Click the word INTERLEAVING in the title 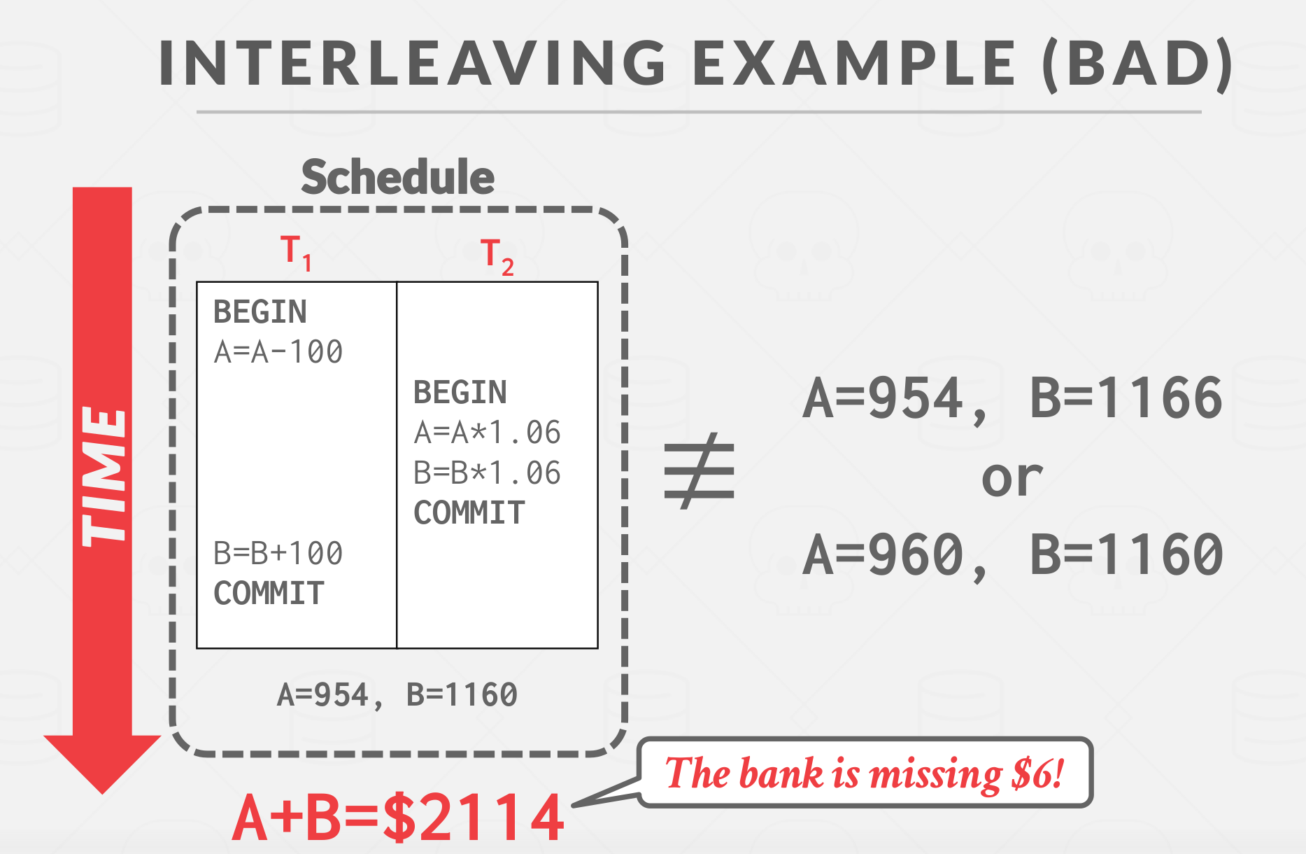(x=413, y=63)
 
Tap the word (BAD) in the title (x=1137, y=64)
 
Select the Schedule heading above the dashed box (x=398, y=177)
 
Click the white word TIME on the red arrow (x=104, y=477)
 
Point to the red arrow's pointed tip (x=103, y=794)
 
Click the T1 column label (x=296, y=253)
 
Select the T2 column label (x=497, y=257)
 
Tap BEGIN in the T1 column (x=260, y=312)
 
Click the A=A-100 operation (x=278, y=352)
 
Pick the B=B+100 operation (x=278, y=554)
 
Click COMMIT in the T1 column (x=269, y=594)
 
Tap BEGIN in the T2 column (x=460, y=393)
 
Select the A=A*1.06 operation (x=488, y=433)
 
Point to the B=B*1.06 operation (x=488, y=473)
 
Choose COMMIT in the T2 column (x=469, y=513)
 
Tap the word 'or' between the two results (x=1012, y=479)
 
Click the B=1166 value (x=1126, y=398)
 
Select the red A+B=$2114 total (x=398, y=817)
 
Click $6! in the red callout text (x=1038, y=773)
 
